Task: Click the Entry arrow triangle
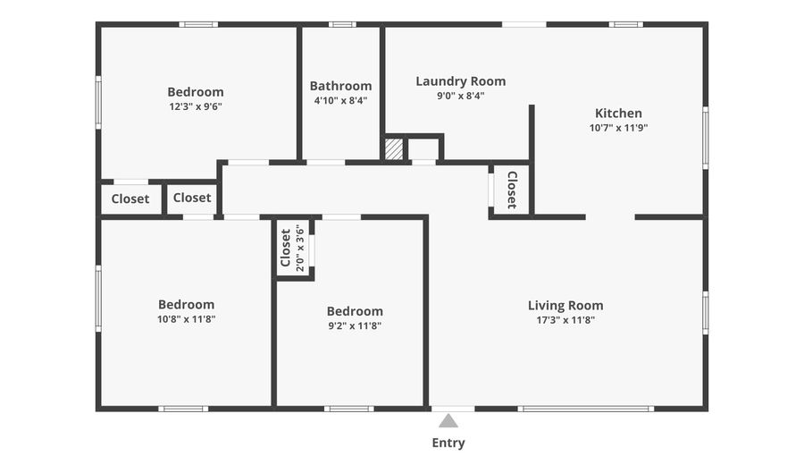point(448,420)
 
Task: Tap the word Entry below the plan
point(448,443)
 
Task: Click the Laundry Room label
point(460,81)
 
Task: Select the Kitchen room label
point(618,114)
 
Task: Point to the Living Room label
point(565,305)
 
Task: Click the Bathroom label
point(340,86)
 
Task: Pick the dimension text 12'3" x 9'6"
point(196,106)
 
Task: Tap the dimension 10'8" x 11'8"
point(186,319)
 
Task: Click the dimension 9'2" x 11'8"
point(355,326)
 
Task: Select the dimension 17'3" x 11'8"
point(565,319)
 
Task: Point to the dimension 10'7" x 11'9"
point(618,128)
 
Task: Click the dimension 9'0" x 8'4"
point(460,96)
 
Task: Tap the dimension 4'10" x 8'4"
point(340,101)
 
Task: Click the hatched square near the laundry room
point(393,149)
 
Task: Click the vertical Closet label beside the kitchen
point(512,190)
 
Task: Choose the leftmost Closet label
point(130,198)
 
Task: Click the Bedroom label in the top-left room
point(196,92)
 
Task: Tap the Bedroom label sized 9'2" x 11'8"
point(355,311)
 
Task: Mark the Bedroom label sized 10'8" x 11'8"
point(186,304)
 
